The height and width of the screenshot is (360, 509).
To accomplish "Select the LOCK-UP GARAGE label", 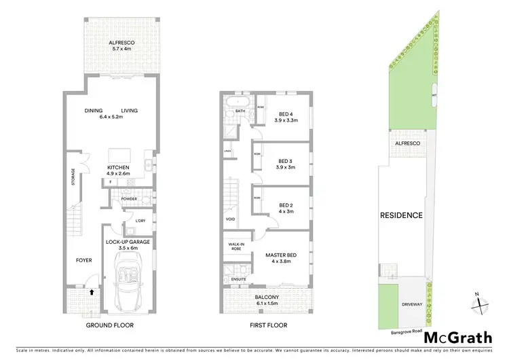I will (128, 241).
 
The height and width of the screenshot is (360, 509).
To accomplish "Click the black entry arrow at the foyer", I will (92, 293).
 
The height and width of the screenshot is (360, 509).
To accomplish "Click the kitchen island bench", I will (121, 153).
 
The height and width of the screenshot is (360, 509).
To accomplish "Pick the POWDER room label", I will (129, 199).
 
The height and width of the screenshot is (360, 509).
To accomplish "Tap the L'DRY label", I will (141, 221).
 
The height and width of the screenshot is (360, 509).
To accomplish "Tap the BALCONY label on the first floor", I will (267, 297).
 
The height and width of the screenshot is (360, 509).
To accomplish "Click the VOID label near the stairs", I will (230, 219).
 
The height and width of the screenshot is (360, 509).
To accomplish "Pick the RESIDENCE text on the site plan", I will (401, 215).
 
